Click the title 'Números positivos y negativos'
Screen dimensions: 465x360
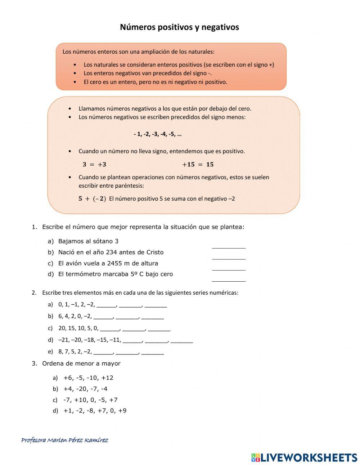(x=179, y=27)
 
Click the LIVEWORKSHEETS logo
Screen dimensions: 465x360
(x=304, y=457)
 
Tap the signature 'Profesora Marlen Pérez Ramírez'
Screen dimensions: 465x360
(x=65, y=440)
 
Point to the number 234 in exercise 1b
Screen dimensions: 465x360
(x=112, y=252)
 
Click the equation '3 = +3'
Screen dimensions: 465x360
(x=94, y=165)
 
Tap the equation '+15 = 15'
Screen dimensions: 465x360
(x=198, y=165)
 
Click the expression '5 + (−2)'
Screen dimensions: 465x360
(x=92, y=199)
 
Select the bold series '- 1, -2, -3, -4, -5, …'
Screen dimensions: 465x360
(x=158, y=134)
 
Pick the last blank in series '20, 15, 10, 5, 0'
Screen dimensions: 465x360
(x=159, y=329)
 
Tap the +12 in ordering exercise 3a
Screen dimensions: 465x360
(x=107, y=378)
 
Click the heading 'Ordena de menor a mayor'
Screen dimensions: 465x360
(x=81, y=364)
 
